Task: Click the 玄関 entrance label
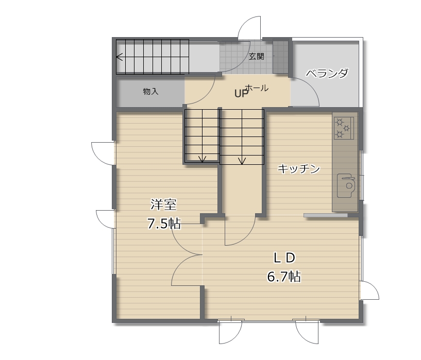pos(256,57)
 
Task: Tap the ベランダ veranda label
pos(327,73)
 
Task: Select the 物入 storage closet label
pos(150,92)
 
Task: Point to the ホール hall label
pos(257,88)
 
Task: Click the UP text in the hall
pos(241,93)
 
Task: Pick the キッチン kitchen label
pos(299,169)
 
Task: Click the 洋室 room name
pos(163,204)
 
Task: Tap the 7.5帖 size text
pos(164,224)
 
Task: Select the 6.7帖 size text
pos(284,277)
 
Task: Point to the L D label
pos(284,258)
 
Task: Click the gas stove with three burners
pos(344,128)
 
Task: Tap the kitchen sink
pos(346,185)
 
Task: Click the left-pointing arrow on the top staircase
pos(120,57)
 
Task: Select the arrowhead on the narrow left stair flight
pos(202,159)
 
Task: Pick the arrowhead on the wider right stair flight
pos(242,161)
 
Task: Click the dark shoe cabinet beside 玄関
pos(280,56)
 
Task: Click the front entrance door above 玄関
pos(249,28)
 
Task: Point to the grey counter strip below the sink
pos(326,215)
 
